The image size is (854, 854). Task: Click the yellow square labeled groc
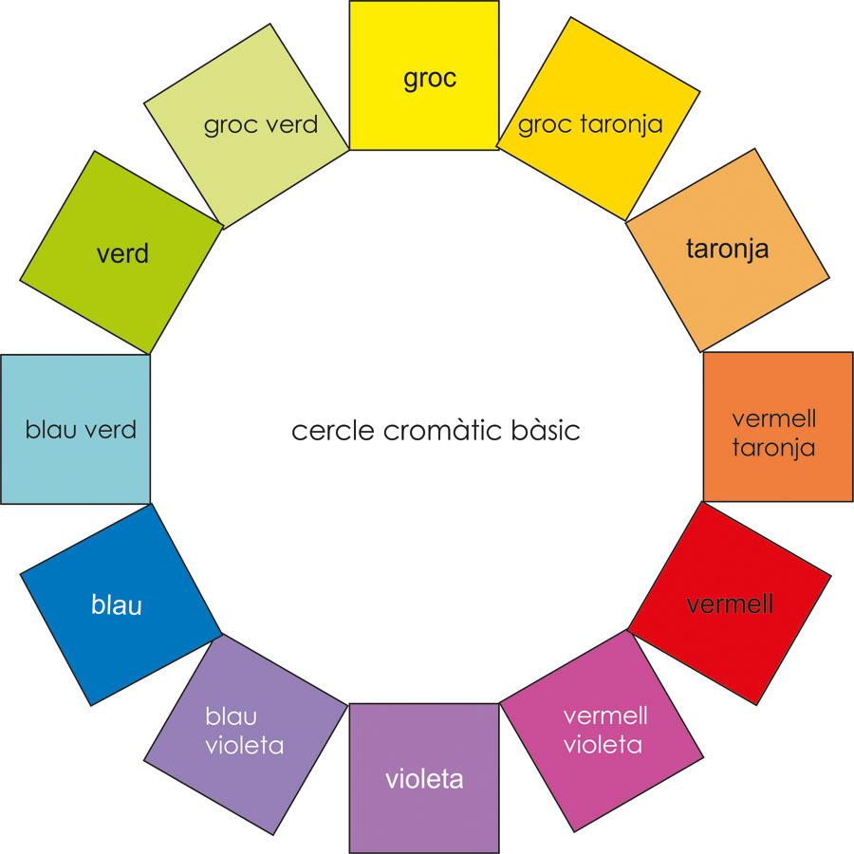[x=424, y=76]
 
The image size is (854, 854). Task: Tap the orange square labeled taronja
[x=728, y=250]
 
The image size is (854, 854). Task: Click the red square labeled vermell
[x=730, y=604]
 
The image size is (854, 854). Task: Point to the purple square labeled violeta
[x=424, y=779]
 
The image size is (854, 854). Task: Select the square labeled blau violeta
[x=246, y=731]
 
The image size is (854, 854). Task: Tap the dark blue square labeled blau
[x=117, y=604]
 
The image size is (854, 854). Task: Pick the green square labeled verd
[x=122, y=252]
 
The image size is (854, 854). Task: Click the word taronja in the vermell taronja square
[x=773, y=447]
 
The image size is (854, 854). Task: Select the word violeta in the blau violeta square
[x=245, y=745]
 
